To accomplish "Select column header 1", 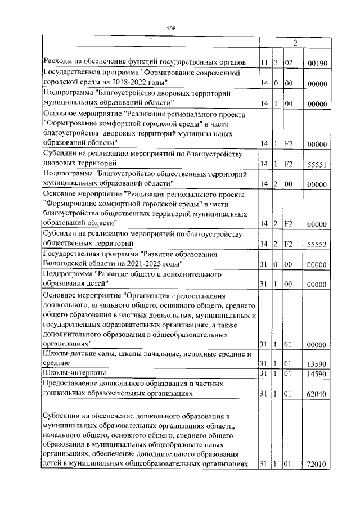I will point(150,42).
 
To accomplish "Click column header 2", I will point(294,42).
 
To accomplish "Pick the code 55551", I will point(318,165).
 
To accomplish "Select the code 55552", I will point(318,244).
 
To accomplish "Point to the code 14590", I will point(318,373).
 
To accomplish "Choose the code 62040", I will point(318,395).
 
